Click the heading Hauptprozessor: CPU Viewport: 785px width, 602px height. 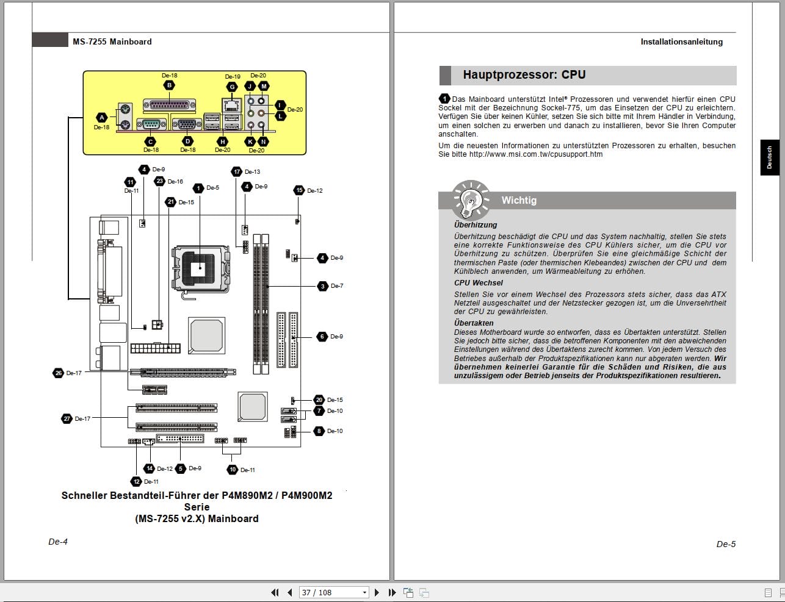click(524, 75)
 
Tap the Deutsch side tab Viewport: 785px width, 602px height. click(769, 157)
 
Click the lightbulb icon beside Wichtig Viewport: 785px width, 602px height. click(470, 199)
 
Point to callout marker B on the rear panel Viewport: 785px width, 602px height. click(170, 85)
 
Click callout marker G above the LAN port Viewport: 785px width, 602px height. click(232, 87)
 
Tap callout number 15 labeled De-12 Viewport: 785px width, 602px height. click(299, 190)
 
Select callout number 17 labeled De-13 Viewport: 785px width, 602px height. click(237, 171)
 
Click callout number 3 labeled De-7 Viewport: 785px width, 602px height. click(322, 286)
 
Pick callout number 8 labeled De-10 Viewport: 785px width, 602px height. click(319, 431)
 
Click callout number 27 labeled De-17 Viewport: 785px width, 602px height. click(67, 418)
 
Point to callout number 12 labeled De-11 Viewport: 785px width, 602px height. click(137, 481)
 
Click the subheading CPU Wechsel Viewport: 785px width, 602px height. click(479, 283)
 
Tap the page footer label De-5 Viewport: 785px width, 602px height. click(726, 544)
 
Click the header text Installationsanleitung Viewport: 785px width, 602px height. click(681, 42)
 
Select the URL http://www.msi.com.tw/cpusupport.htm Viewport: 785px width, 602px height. click(535, 154)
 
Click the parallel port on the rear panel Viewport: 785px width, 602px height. click(170, 105)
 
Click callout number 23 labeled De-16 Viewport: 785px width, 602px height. click(160, 181)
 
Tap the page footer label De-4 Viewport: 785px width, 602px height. click(58, 542)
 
